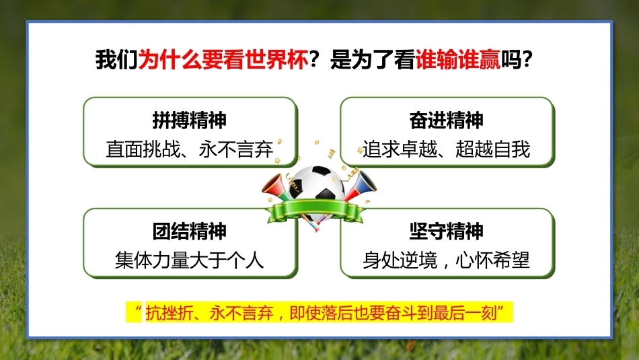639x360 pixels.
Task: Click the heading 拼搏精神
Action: [x=190, y=120]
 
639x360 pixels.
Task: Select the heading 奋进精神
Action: [x=446, y=120]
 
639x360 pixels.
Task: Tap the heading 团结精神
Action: [x=190, y=231]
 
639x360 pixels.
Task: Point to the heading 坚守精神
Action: [x=446, y=231]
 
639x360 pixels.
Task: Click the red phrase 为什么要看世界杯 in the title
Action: [x=223, y=59]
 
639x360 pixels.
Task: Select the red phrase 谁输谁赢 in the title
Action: [x=457, y=59]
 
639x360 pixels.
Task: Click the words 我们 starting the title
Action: [x=117, y=59]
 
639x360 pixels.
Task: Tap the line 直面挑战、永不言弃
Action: [x=190, y=149]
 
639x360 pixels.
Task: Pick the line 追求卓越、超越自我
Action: [x=446, y=149]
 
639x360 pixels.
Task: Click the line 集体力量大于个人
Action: [x=190, y=260]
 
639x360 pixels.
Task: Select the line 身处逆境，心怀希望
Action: [x=446, y=260]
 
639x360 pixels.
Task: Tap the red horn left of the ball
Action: [x=276, y=188]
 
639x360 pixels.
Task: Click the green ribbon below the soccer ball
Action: [x=315, y=211]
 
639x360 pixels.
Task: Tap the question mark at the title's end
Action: [x=527, y=59]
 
